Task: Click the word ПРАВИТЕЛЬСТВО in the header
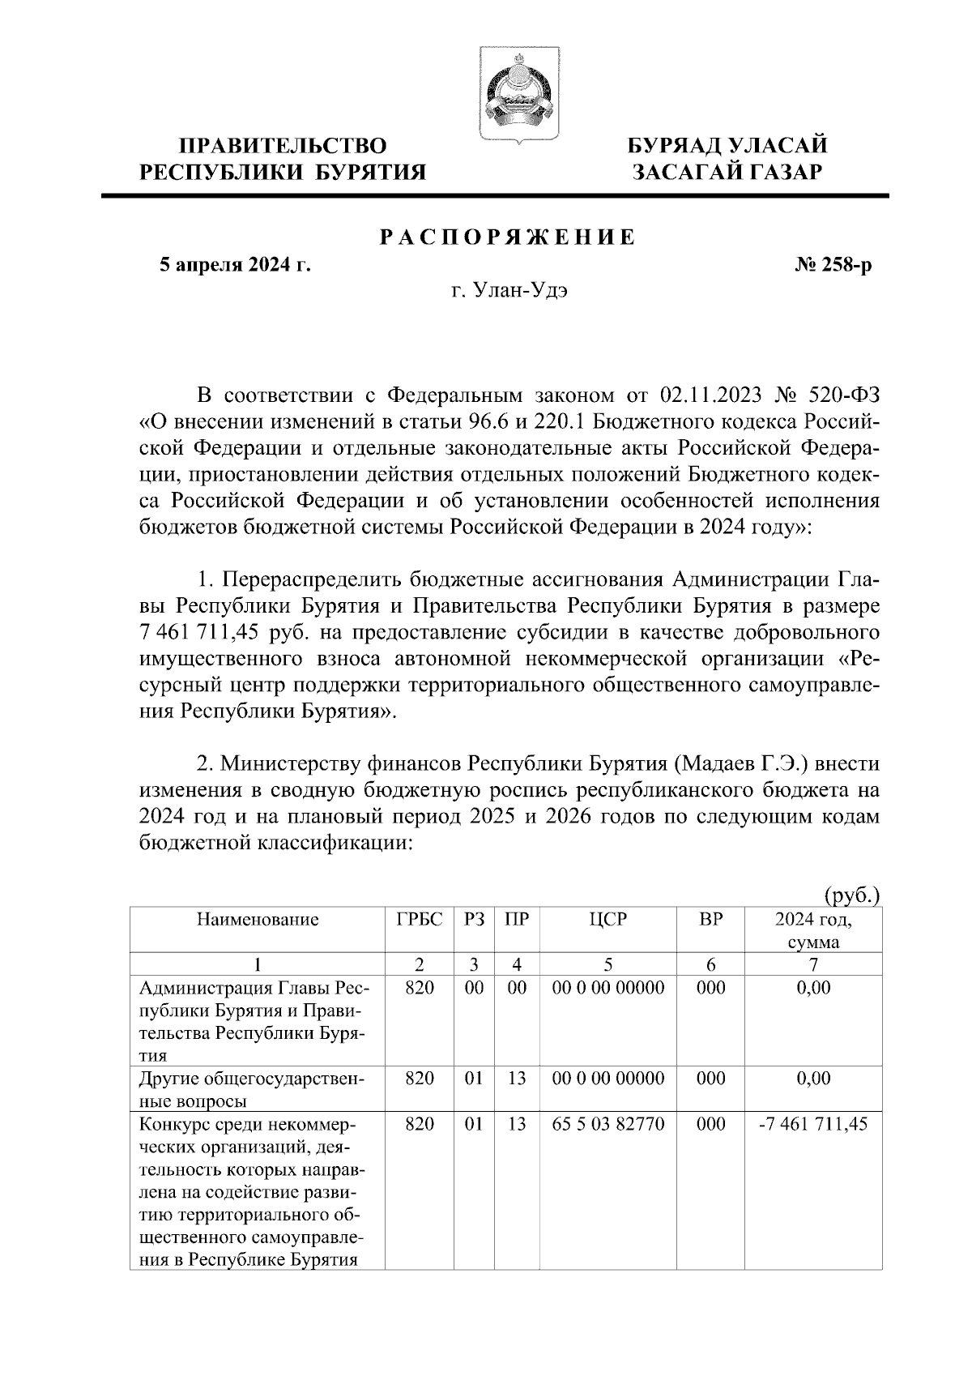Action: click(283, 146)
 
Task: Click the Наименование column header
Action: click(257, 920)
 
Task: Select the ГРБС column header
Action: click(420, 920)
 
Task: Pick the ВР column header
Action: click(710, 920)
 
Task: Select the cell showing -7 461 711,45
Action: click(813, 1125)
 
